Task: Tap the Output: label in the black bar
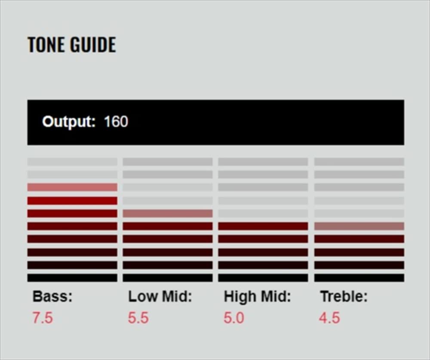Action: [x=69, y=122]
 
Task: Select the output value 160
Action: [x=116, y=122]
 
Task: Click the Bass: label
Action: [x=52, y=297]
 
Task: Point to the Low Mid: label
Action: [x=160, y=297]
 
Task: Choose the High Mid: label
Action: [x=257, y=297]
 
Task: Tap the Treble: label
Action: [x=344, y=297]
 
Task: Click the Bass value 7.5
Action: [x=43, y=318]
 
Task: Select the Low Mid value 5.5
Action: [x=138, y=318]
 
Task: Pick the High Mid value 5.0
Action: [x=234, y=318]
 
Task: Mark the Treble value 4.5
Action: [x=329, y=318]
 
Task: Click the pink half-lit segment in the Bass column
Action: [x=72, y=187]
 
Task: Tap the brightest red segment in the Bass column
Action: [x=72, y=200]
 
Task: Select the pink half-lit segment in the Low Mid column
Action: [x=168, y=213]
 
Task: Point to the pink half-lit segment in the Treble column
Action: [x=359, y=226]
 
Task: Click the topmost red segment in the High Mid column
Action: [x=263, y=226]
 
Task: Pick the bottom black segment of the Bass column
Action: [x=72, y=278]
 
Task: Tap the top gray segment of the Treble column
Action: [x=359, y=162]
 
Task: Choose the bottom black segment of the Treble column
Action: [x=359, y=278]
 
